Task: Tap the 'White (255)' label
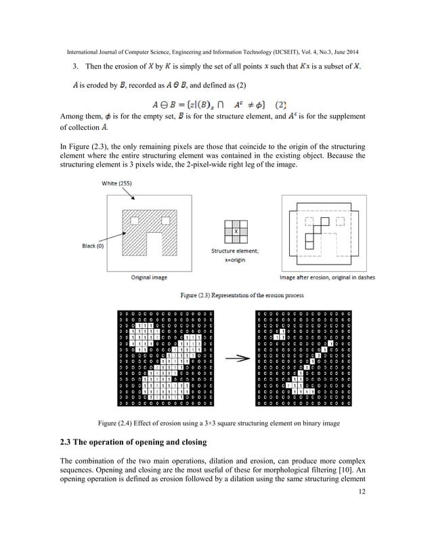117,183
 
